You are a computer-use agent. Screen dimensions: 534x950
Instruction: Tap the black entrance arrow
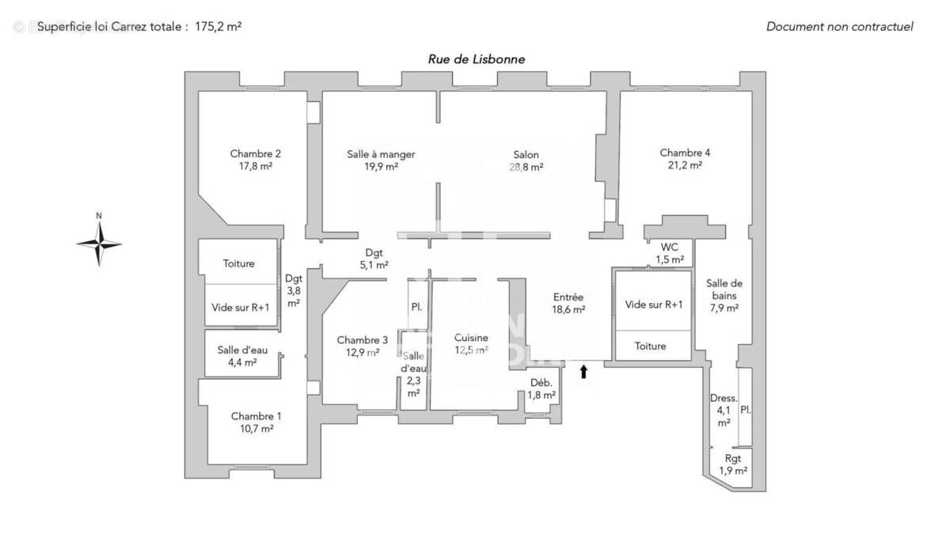584,370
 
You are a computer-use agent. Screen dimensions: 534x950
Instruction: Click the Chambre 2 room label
254,160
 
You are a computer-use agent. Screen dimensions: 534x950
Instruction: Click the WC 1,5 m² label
669,252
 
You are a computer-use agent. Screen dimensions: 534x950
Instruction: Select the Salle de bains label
722,295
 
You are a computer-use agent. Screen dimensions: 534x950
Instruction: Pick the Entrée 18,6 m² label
568,304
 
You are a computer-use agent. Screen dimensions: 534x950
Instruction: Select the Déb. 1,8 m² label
541,389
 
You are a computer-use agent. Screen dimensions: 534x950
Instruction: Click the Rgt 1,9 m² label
733,464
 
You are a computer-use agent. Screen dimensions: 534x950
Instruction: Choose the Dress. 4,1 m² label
724,411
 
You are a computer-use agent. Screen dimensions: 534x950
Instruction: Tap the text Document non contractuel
839,26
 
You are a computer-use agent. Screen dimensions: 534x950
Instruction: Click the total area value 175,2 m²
218,26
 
